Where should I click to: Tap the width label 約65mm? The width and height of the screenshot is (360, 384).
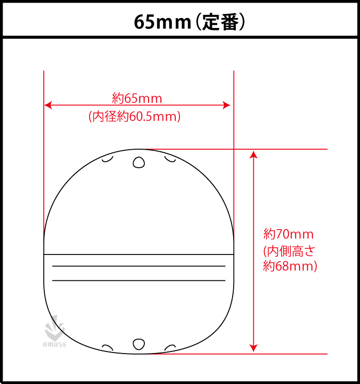[137, 98]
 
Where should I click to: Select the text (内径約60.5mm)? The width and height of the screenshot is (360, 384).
[135, 117]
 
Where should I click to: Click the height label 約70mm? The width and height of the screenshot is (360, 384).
[288, 234]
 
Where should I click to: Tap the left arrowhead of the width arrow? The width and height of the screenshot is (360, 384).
[48, 105]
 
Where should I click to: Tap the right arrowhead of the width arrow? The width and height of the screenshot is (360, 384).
[226, 105]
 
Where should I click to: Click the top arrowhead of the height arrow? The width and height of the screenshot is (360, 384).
[253, 154]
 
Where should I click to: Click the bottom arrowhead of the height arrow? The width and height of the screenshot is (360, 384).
[253, 348]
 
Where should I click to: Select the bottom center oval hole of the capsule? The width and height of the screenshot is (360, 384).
[139, 344]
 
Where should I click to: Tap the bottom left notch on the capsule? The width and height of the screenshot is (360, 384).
[108, 347]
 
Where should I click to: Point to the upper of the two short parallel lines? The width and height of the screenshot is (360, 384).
[139, 266]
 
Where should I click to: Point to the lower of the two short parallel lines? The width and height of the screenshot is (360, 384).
[139, 281]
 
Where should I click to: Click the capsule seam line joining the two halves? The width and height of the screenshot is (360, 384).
[139, 254]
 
